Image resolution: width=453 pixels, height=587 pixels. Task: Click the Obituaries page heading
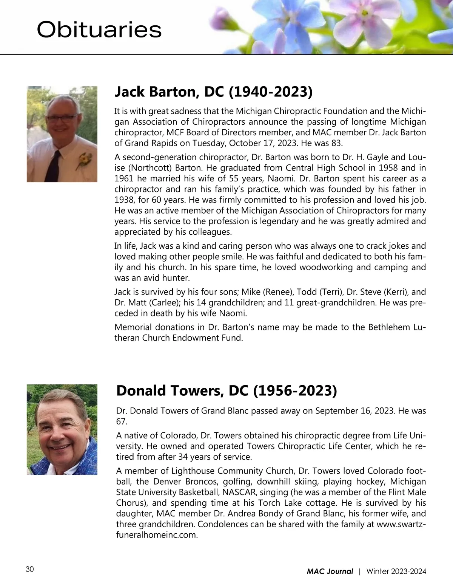[99, 30]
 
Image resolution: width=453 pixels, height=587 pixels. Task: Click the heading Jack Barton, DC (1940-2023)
[213, 92]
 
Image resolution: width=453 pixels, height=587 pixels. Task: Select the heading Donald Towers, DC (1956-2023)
[226, 390]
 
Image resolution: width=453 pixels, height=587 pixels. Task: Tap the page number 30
[30, 569]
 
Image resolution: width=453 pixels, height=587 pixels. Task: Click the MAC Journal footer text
[330, 571]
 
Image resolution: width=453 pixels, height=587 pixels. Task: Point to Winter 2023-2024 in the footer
[396, 571]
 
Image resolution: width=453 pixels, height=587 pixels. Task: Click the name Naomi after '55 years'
[271, 178]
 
